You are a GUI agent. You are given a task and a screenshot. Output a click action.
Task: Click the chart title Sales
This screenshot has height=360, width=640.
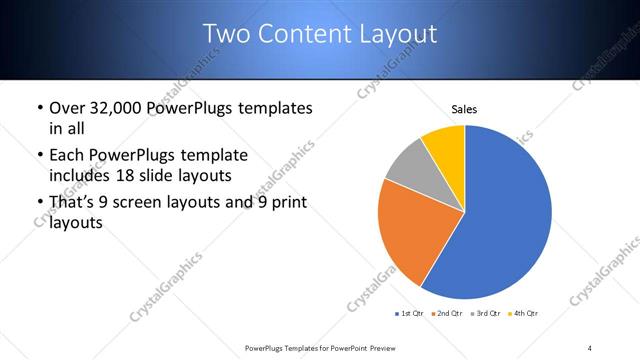click(x=465, y=108)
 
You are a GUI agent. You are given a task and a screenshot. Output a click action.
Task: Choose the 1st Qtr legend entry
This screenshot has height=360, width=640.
click(x=410, y=315)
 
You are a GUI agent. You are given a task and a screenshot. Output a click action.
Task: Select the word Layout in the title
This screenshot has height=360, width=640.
click(x=398, y=34)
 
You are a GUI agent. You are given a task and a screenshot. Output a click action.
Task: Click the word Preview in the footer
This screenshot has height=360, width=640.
click(x=377, y=348)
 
